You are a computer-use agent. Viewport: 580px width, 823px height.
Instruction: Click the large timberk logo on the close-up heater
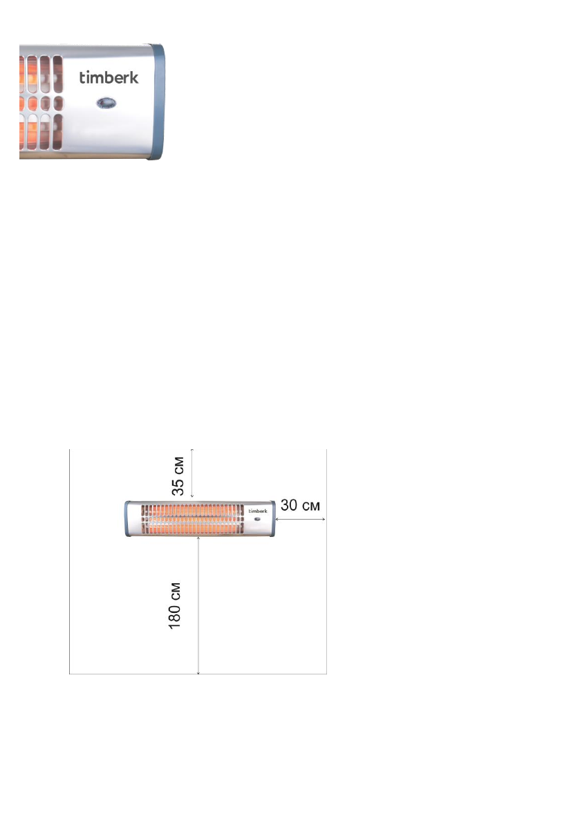109,77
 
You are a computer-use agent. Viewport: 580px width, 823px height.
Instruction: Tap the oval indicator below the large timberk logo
106,103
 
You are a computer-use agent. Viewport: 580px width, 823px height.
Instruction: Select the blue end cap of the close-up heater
157,102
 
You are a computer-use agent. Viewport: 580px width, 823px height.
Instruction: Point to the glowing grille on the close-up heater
41,102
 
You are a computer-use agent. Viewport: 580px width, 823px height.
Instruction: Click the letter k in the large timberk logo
134,77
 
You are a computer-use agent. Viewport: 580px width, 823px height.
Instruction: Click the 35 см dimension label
178,476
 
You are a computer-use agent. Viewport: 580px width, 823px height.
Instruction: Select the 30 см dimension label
300,505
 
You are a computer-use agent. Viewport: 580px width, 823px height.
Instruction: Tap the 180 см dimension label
175,605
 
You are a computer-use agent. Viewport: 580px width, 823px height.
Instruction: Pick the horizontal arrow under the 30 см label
300,519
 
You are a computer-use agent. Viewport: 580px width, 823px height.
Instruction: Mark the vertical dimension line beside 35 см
192,473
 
